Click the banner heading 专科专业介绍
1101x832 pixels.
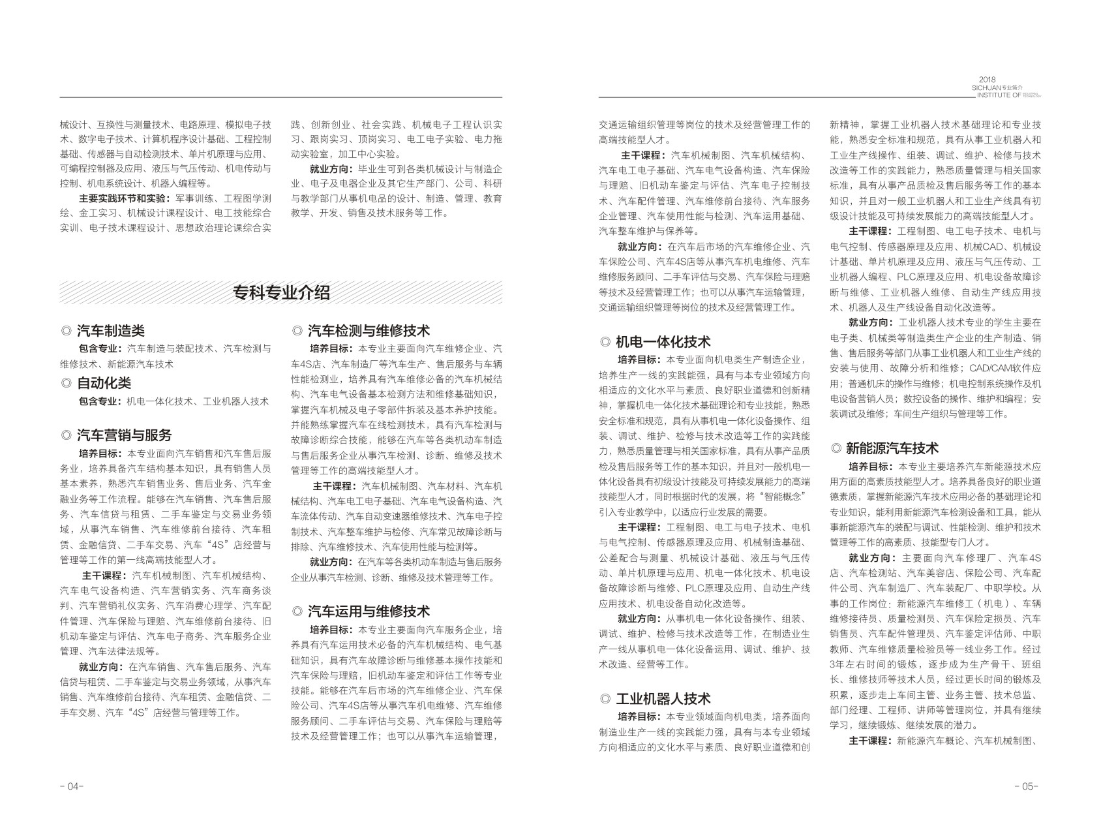point(281,293)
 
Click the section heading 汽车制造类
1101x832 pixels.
point(111,331)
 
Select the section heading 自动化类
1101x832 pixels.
point(104,383)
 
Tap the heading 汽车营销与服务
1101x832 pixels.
point(124,435)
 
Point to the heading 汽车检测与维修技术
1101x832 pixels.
point(369,330)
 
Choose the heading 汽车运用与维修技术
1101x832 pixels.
point(369,611)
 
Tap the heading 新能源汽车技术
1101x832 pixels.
point(892,448)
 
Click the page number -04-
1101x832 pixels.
point(71,786)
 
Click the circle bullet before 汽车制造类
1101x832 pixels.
point(65,331)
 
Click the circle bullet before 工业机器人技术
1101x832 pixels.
point(605,700)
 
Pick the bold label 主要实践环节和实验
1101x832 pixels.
point(121,198)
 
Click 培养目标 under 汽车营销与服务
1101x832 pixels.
point(100,454)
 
